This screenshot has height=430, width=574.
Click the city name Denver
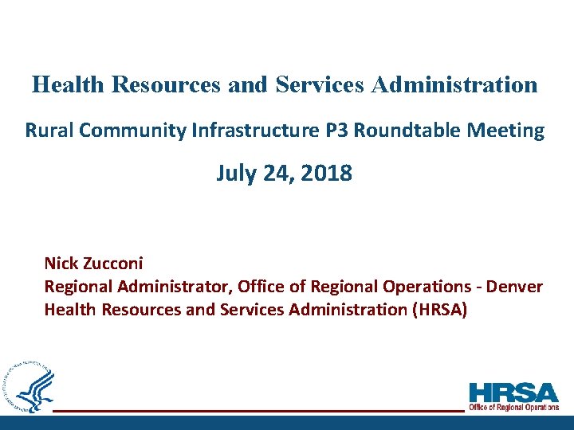(x=516, y=287)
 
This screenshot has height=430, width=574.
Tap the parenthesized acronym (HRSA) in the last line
(x=438, y=310)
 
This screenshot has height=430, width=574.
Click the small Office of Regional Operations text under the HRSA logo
(x=513, y=407)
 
